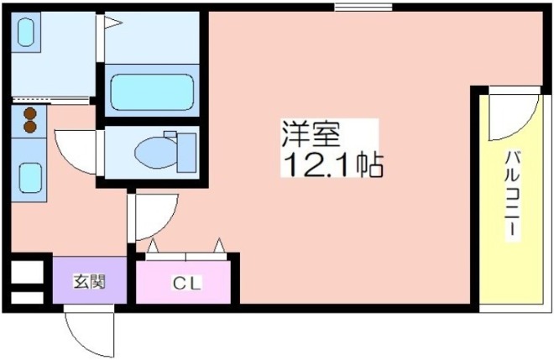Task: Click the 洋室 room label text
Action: pos(311,134)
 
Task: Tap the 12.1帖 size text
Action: pos(332,164)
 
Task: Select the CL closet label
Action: pos(187,283)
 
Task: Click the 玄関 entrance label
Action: pos(89,282)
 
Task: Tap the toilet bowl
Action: pos(156,153)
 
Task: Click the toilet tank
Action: pos(186,153)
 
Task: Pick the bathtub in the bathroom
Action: pos(152,92)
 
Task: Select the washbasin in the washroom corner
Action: pos(26,33)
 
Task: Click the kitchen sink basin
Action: pos(30,178)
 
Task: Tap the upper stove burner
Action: pos(30,113)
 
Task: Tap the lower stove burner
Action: pos(30,127)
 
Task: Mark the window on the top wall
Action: pos(363,7)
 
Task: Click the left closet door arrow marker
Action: pos(153,246)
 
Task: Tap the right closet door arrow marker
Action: pos(219,245)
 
